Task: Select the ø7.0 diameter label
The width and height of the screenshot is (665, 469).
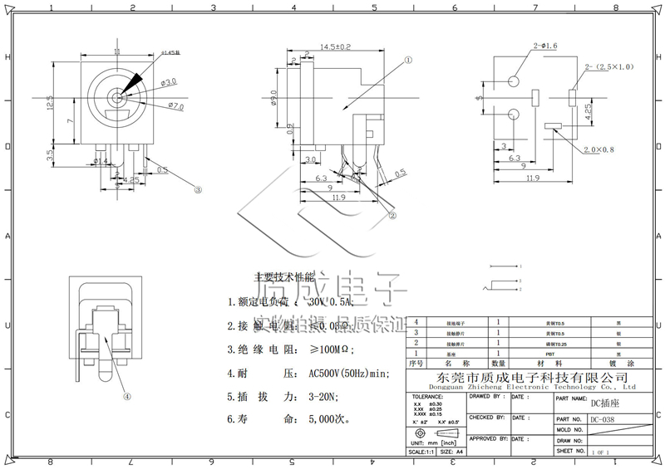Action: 175,106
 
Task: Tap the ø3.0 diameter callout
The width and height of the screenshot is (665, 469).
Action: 169,82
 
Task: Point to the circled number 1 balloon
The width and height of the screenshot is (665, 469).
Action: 409,60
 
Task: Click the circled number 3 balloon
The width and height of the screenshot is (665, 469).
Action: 198,189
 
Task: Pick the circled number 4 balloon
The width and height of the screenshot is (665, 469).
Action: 127,396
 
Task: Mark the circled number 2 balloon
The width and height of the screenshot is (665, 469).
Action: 392,213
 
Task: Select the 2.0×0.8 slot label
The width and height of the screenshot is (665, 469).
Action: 598,150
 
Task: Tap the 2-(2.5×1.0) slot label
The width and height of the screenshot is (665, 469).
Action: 609,66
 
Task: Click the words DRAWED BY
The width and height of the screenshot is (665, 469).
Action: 486,397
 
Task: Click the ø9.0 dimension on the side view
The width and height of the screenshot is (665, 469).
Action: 275,99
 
